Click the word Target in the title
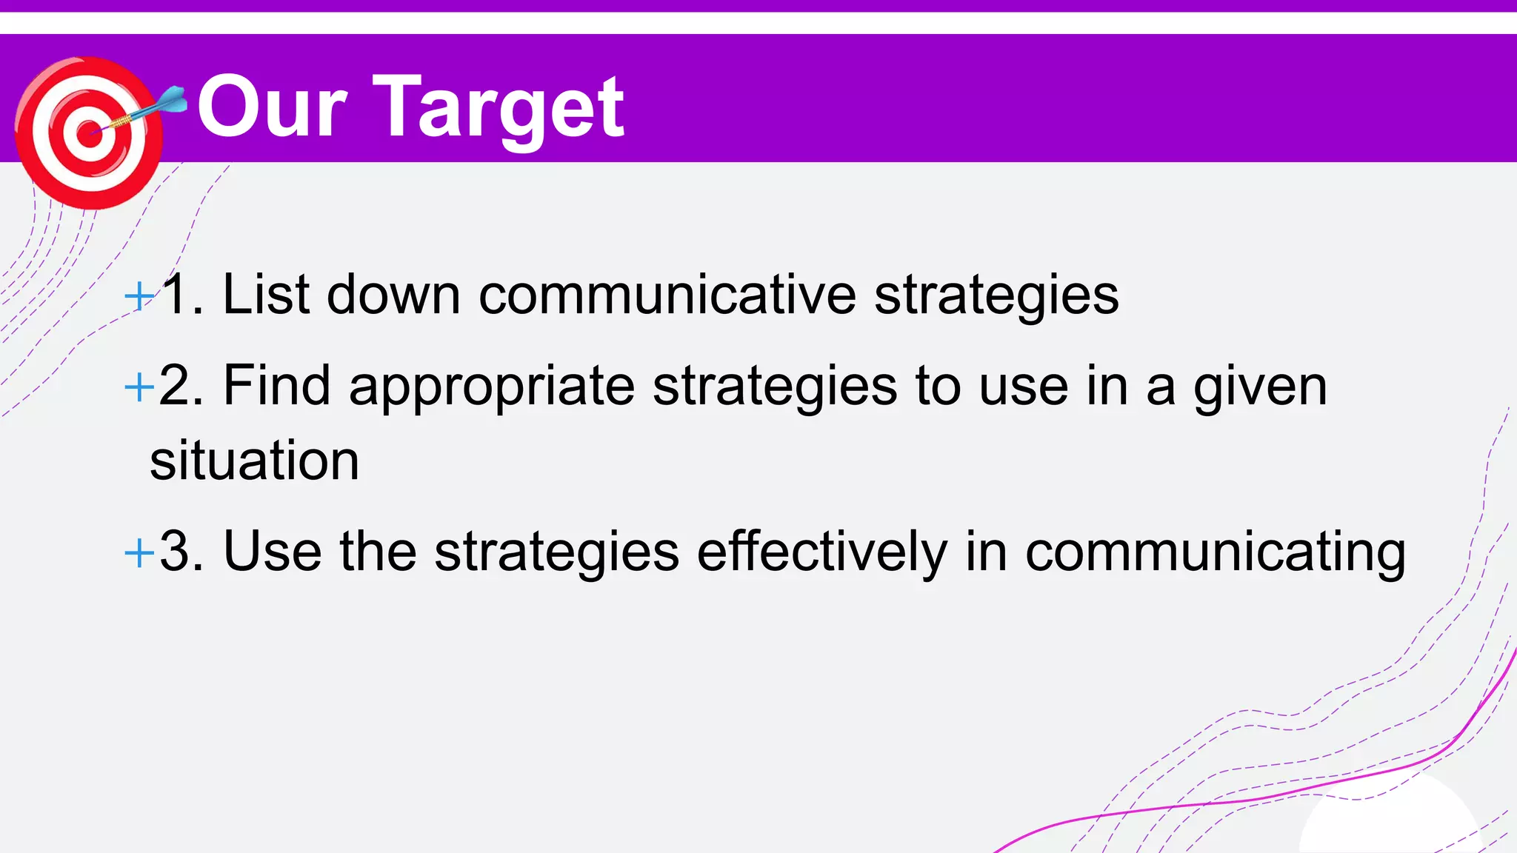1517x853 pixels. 499,109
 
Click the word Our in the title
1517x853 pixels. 272,109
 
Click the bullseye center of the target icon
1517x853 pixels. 89,134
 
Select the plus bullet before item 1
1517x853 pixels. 139,296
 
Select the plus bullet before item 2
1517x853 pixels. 139,387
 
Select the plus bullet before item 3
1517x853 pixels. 139,552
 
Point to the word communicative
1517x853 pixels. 667,295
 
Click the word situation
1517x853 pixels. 254,461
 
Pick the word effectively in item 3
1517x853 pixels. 821,552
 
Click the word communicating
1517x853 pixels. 1215,553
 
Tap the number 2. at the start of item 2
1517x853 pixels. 181,386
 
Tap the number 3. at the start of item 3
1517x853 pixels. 181,552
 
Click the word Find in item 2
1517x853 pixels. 276,386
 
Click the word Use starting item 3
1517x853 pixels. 272,552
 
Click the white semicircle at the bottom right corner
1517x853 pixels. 1389,822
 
